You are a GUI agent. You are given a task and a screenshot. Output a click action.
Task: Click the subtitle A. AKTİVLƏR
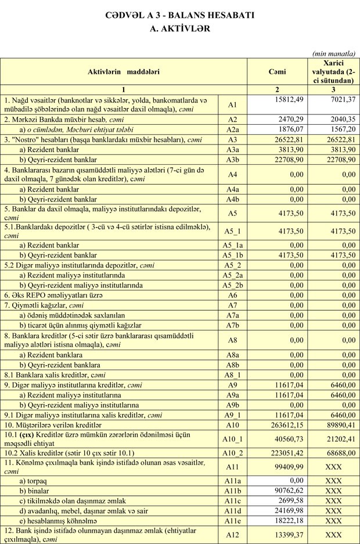tap(179, 27)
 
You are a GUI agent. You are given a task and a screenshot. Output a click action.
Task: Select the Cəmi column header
tap(277, 71)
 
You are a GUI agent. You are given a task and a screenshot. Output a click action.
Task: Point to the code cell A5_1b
tap(235, 255)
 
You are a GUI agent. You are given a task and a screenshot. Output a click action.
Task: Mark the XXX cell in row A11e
tap(333, 520)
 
